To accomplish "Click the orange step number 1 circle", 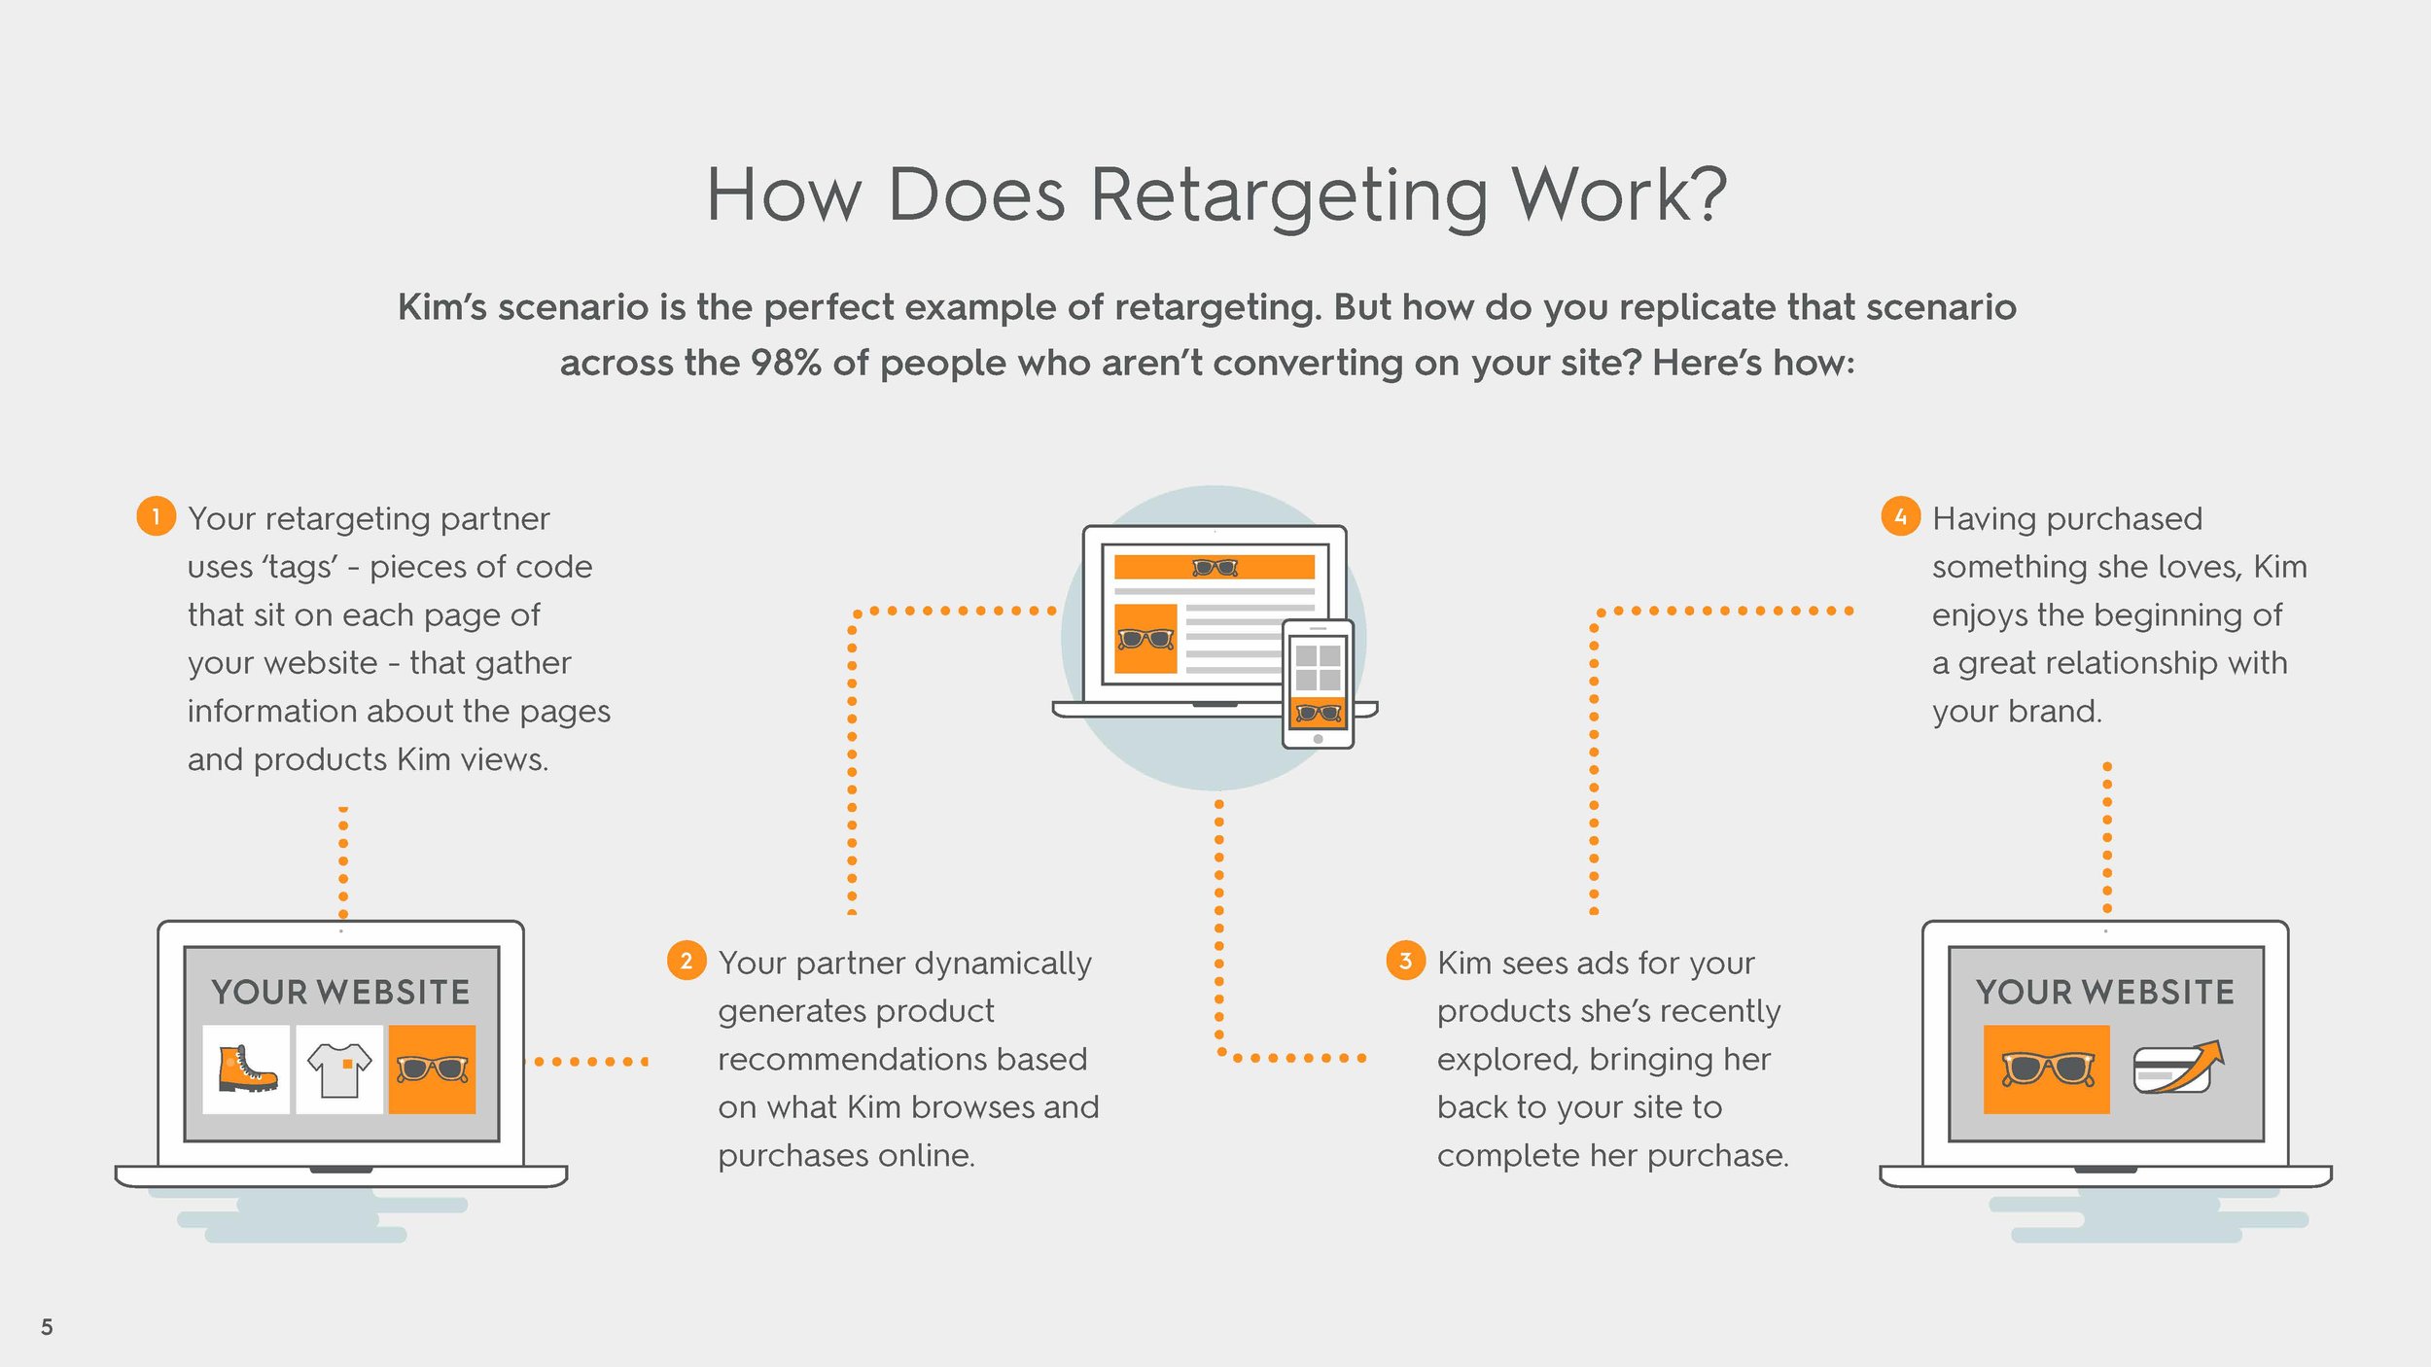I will [156, 515].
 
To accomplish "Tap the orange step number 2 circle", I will [687, 961].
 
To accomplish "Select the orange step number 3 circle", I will [1405, 961].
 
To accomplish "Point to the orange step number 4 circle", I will [1900, 515].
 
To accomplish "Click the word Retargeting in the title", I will [1289, 195].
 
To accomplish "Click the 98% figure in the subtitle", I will [786, 363].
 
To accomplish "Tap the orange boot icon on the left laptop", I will [246, 1069].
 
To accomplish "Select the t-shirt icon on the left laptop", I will [339, 1069].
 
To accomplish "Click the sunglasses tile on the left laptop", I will [432, 1069].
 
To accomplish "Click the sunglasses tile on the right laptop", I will [2046, 1069].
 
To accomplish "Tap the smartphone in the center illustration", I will [1318, 683].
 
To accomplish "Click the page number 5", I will [47, 1327].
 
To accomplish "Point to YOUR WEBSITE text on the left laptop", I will [340, 992].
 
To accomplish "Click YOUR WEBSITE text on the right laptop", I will [2105, 992].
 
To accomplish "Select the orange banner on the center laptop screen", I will [1214, 567].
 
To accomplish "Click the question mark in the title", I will [1706, 195].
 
